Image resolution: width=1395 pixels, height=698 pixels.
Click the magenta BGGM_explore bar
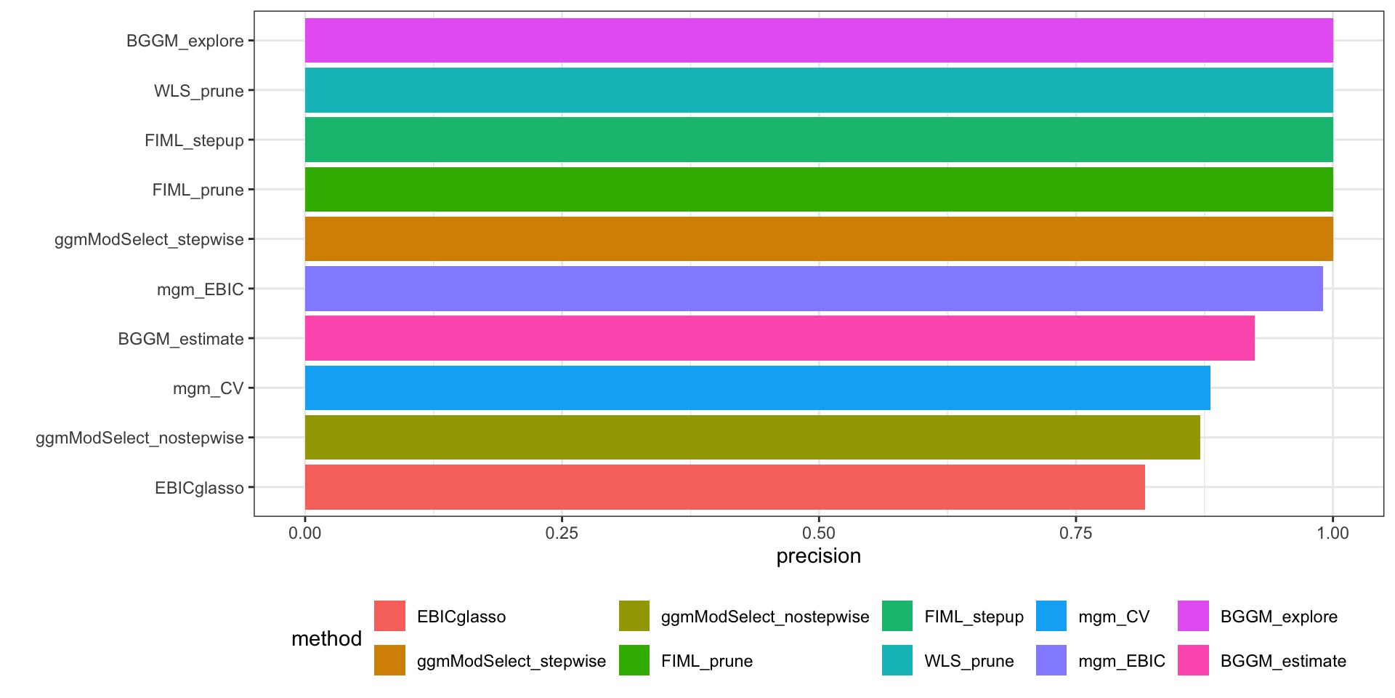pos(818,41)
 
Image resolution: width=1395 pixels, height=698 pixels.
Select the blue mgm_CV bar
pos(757,388)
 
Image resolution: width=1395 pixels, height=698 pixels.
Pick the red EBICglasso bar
pos(724,487)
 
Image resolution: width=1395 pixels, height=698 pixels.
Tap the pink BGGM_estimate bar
pos(779,338)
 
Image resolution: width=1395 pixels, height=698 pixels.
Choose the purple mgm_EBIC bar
pos(813,289)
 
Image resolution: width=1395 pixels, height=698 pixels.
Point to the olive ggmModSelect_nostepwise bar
pos(752,438)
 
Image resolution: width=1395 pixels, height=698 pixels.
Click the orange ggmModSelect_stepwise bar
pos(818,239)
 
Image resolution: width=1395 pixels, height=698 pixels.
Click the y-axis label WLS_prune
pos(198,91)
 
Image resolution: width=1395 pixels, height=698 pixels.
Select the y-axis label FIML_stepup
pos(194,140)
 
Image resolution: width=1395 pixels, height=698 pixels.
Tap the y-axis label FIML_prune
pos(198,190)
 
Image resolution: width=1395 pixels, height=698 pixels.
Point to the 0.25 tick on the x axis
pos(562,533)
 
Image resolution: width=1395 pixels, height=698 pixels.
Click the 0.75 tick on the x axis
pos(1075,533)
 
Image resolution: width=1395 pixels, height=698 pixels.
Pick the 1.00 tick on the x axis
pos(1333,533)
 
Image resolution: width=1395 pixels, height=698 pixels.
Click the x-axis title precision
pos(818,556)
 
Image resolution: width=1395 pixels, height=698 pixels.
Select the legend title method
pos(326,638)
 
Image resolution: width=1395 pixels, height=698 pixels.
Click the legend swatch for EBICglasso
pos(389,617)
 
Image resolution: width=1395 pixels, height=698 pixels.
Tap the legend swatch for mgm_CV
pos(1051,617)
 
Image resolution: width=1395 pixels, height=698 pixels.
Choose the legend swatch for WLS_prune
pos(897,661)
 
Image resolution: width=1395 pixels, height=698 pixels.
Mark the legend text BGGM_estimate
pos(1283,661)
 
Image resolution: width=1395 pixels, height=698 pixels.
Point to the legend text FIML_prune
pos(706,661)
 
